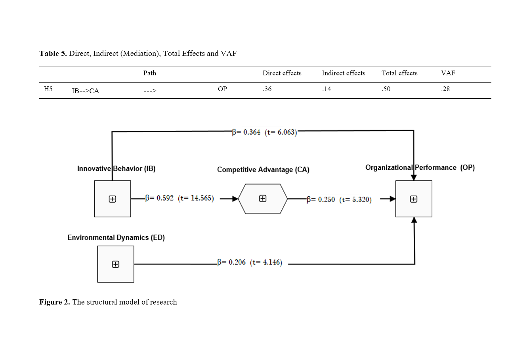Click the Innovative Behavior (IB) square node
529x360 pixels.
click(x=113, y=199)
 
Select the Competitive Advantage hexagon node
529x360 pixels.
click(x=263, y=199)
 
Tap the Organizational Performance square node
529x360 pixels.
click(x=414, y=199)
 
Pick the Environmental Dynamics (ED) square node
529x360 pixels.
click(x=116, y=264)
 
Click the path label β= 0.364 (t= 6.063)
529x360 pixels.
click(x=264, y=132)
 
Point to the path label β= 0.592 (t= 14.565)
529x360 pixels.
click(x=180, y=198)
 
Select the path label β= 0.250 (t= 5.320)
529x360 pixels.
click(x=339, y=199)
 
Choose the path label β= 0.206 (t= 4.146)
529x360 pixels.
click(x=250, y=262)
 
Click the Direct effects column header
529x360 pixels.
click(x=282, y=73)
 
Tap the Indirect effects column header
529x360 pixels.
click(x=344, y=73)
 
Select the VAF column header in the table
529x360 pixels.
click(x=448, y=73)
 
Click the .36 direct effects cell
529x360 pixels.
click(x=267, y=89)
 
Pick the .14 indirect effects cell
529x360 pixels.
click(x=327, y=89)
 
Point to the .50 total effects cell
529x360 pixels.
click(x=386, y=89)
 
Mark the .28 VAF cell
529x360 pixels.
click(x=445, y=89)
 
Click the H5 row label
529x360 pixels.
click(x=48, y=89)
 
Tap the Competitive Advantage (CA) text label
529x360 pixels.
click(x=263, y=170)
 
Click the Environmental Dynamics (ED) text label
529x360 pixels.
click(x=116, y=237)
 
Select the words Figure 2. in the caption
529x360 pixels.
click(x=55, y=302)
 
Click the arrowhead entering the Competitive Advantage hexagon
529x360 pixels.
click(x=235, y=199)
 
